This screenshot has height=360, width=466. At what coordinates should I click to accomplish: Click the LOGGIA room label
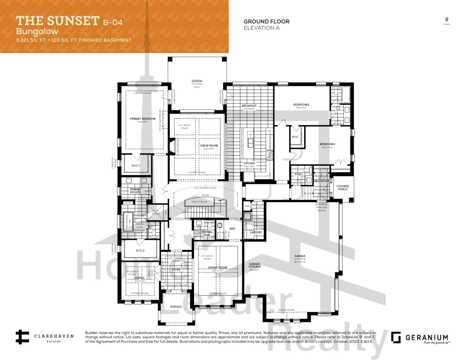(x=196, y=81)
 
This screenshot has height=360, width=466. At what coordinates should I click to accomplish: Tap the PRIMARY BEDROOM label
(x=143, y=118)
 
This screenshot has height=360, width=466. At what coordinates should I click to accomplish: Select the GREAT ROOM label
(x=209, y=146)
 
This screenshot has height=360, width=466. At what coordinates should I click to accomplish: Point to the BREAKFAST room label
(x=249, y=105)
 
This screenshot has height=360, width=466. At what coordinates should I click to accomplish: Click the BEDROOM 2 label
(x=301, y=104)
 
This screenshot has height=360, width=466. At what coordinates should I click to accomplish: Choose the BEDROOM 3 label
(x=328, y=144)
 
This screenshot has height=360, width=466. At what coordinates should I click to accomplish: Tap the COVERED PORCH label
(x=342, y=188)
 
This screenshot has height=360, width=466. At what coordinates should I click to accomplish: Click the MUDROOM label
(x=321, y=181)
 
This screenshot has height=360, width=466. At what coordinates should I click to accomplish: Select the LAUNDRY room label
(x=256, y=232)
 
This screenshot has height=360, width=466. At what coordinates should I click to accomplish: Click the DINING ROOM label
(x=217, y=268)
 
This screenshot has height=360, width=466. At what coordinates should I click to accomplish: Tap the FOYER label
(x=176, y=269)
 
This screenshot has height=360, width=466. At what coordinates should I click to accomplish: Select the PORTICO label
(x=176, y=307)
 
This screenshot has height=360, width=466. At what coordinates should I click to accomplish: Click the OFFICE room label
(x=140, y=278)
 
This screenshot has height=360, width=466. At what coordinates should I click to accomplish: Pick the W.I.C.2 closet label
(x=140, y=250)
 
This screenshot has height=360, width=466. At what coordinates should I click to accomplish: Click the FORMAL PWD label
(x=207, y=233)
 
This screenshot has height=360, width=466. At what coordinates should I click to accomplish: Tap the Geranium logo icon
(x=396, y=337)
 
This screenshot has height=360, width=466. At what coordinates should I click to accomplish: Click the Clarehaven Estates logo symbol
(x=22, y=337)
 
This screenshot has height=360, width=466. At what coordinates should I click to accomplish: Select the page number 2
(x=447, y=19)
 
